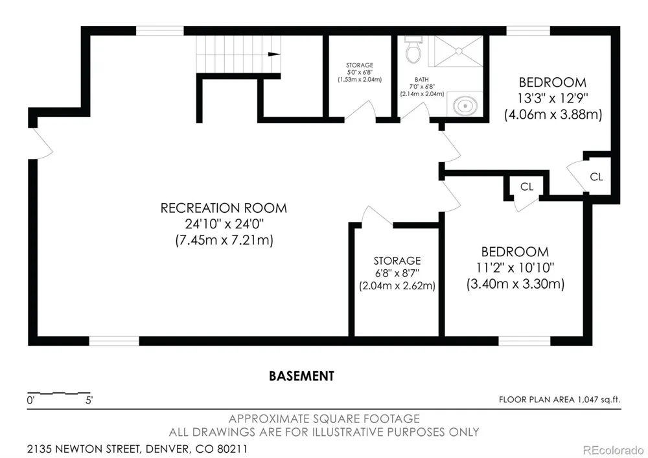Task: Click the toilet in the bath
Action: (x=413, y=50)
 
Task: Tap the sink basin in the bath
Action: (x=465, y=106)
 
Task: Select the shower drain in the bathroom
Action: (x=459, y=51)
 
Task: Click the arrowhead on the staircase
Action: (x=274, y=54)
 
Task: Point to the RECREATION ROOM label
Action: (x=224, y=208)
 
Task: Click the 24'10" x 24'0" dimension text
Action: (x=224, y=224)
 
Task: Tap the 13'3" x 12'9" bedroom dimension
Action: (x=553, y=99)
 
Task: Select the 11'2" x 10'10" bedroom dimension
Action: (x=515, y=268)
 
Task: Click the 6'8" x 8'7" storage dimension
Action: (x=397, y=273)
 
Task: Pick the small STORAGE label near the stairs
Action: (x=360, y=65)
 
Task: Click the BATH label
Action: (x=422, y=79)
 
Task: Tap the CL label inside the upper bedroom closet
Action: (x=596, y=177)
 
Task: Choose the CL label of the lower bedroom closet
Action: (x=527, y=187)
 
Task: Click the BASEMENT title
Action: (x=302, y=376)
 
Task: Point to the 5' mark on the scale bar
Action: (x=89, y=400)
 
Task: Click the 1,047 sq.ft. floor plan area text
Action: (x=599, y=400)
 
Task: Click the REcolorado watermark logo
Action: (x=613, y=450)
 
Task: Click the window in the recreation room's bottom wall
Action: (x=114, y=341)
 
